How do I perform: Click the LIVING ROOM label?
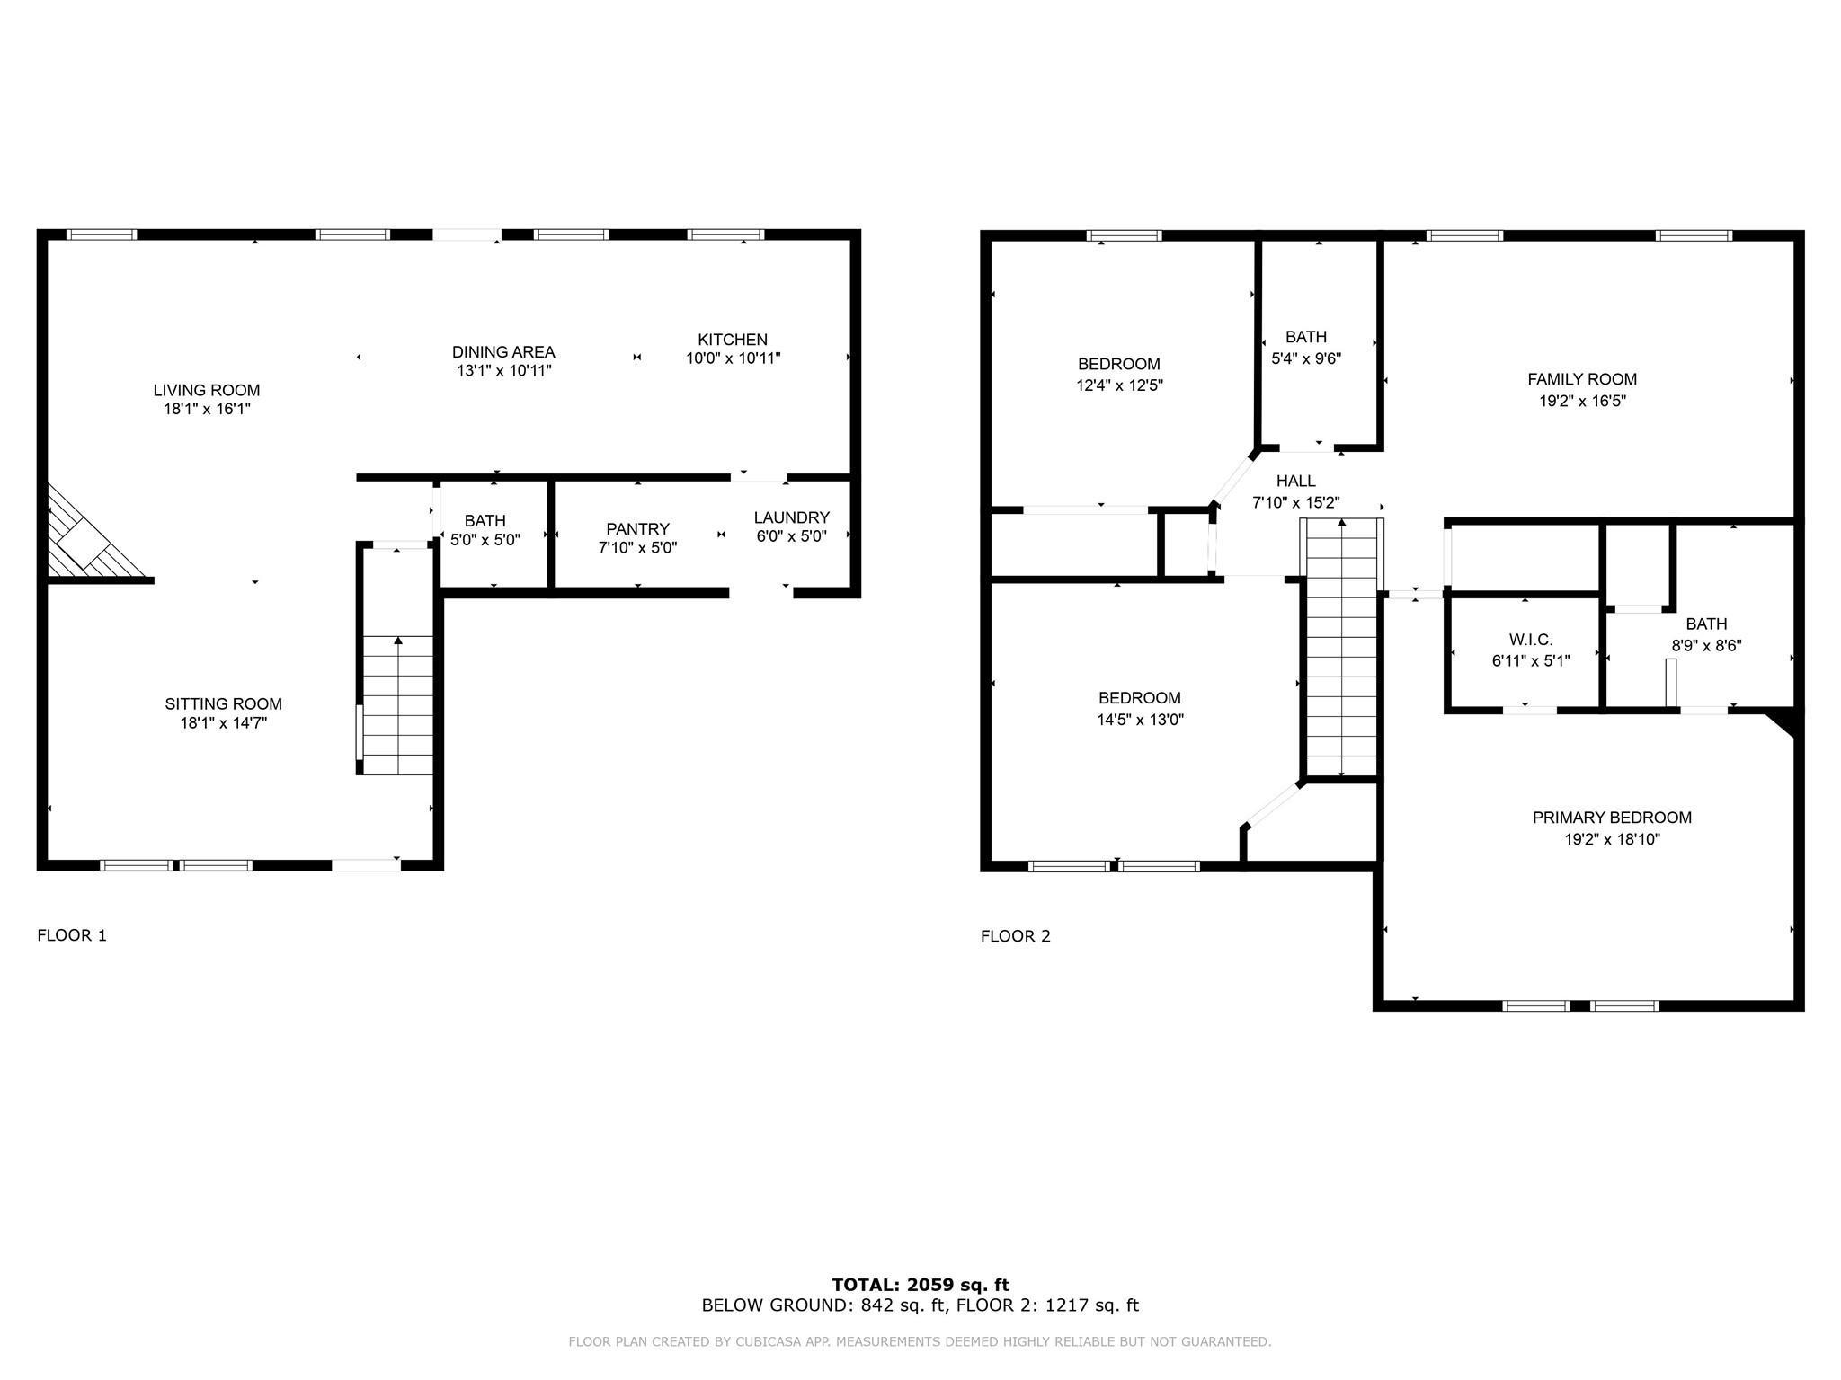click(x=207, y=390)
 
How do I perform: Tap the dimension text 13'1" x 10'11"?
click(x=503, y=370)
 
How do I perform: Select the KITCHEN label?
click(x=733, y=340)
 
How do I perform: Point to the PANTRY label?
click(x=637, y=529)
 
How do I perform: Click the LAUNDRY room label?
click(x=791, y=517)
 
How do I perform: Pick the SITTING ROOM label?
click(x=224, y=704)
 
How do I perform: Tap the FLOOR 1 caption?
click(x=72, y=935)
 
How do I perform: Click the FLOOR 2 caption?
click(x=1016, y=936)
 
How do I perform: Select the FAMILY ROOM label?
click(x=1582, y=379)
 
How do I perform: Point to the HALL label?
click(x=1296, y=482)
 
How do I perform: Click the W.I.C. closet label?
click(x=1531, y=640)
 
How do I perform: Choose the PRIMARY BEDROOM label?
click(x=1612, y=818)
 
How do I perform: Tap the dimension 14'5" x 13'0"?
click(x=1140, y=720)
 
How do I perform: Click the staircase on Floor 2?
click(x=1341, y=647)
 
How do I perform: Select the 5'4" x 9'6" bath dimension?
click(x=1306, y=358)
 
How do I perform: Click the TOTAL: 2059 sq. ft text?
click(x=920, y=1285)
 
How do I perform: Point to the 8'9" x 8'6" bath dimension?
click(x=1706, y=645)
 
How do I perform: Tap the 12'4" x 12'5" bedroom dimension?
click(x=1119, y=385)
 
